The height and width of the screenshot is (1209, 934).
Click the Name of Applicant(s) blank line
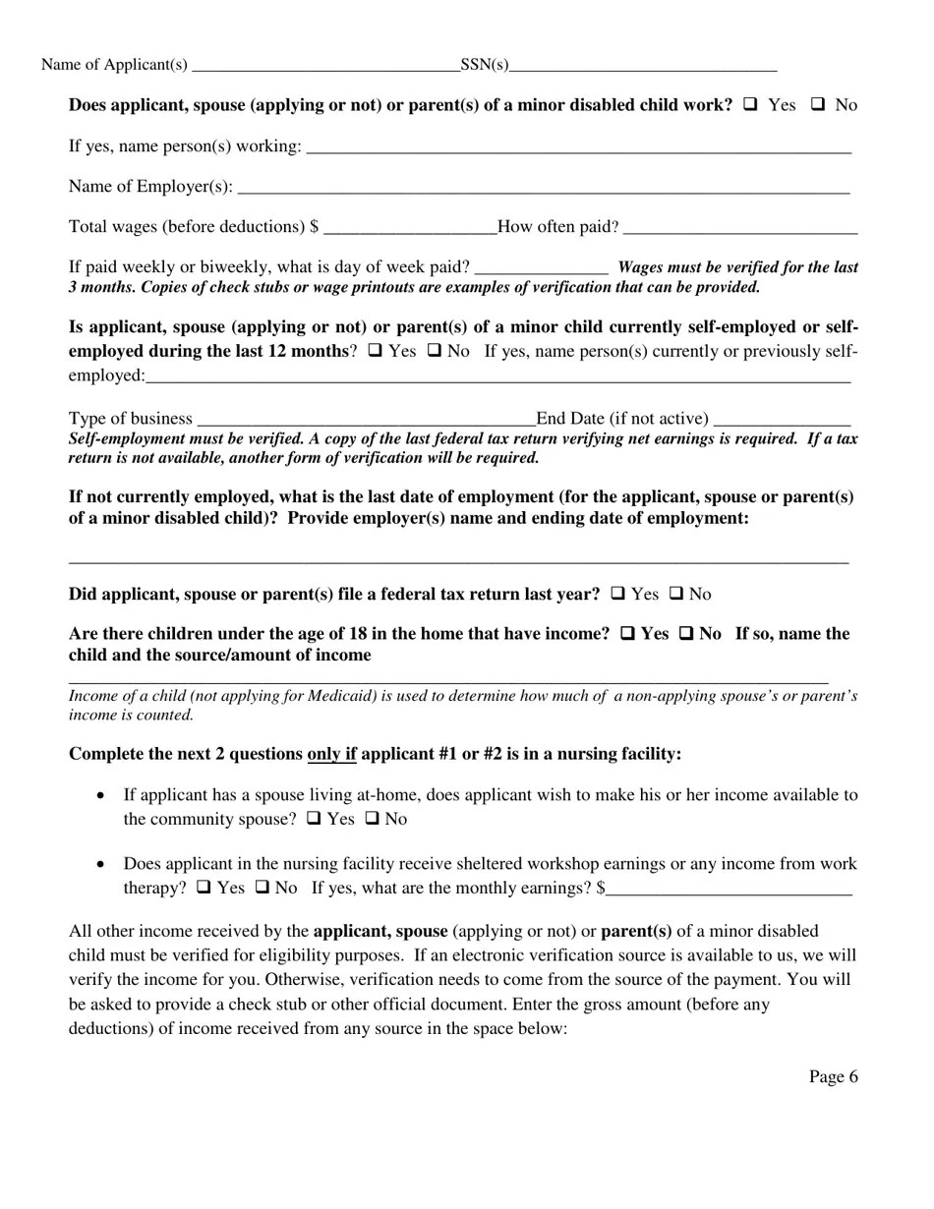[x=326, y=66]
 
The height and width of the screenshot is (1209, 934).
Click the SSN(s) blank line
[x=643, y=66]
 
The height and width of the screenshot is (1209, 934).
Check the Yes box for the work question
[x=751, y=104]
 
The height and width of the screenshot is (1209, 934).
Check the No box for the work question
[x=818, y=104]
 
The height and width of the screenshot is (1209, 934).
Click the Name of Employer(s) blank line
[x=543, y=188]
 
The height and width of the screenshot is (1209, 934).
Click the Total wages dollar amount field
[x=410, y=228]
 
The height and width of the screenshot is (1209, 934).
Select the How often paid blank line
[x=740, y=228]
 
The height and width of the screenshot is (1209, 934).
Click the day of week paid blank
[x=541, y=268]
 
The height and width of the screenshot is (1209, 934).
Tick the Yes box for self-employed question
[x=375, y=351]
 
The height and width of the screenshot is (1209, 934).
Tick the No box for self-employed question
[x=435, y=351]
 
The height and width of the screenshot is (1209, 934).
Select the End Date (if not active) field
[x=783, y=420]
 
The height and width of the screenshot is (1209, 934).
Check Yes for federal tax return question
[x=617, y=594]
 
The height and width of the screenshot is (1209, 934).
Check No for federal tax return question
[x=676, y=594]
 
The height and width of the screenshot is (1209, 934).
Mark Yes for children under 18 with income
[x=627, y=634]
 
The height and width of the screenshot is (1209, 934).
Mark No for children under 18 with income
[x=687, y=634]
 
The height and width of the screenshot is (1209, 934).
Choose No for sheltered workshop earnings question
[x=263, y=888]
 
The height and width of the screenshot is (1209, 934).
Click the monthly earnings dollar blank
[x=729, y=890]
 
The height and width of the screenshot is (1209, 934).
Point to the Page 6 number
[x=833, y=1077]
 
